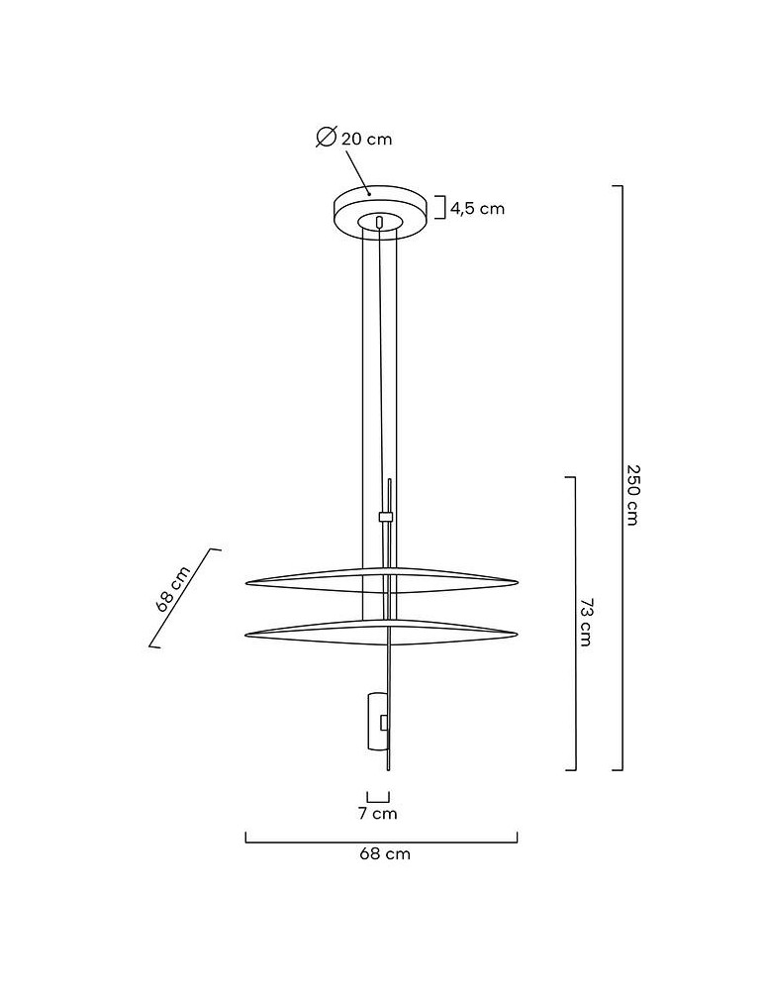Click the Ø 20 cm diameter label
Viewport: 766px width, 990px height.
point(355,139)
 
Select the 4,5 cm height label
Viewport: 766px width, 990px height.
point(478,208)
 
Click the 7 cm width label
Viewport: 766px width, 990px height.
point(377,814)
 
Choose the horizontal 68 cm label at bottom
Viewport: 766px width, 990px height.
point(384,854)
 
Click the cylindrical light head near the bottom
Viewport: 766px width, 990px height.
point(376,723)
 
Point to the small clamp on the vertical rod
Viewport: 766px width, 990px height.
point(386,517)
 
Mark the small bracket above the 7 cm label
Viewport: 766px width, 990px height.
point(377,797)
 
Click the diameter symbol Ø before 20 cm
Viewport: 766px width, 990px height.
point(327,138)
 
